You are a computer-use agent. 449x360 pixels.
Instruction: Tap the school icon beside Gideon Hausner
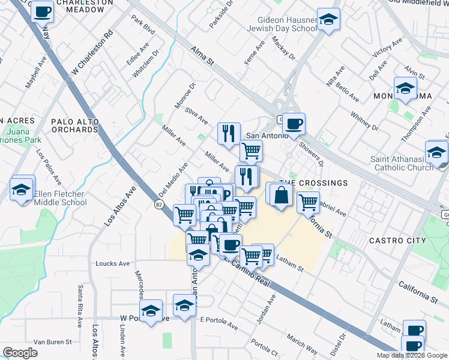click(x=328, y=20)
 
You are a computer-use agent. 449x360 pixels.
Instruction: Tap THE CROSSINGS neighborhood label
click(x=313, y=183)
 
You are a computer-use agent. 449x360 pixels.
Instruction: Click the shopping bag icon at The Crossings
click(x=280, y=194)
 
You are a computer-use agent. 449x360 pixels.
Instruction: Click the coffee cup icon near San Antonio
click(x=294, y=124)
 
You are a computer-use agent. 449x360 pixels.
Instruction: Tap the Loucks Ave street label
click(x=113, y=263)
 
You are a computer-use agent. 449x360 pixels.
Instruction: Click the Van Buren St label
click(x=52, y=342)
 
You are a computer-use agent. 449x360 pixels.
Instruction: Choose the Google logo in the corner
click(x=20, y=353)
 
